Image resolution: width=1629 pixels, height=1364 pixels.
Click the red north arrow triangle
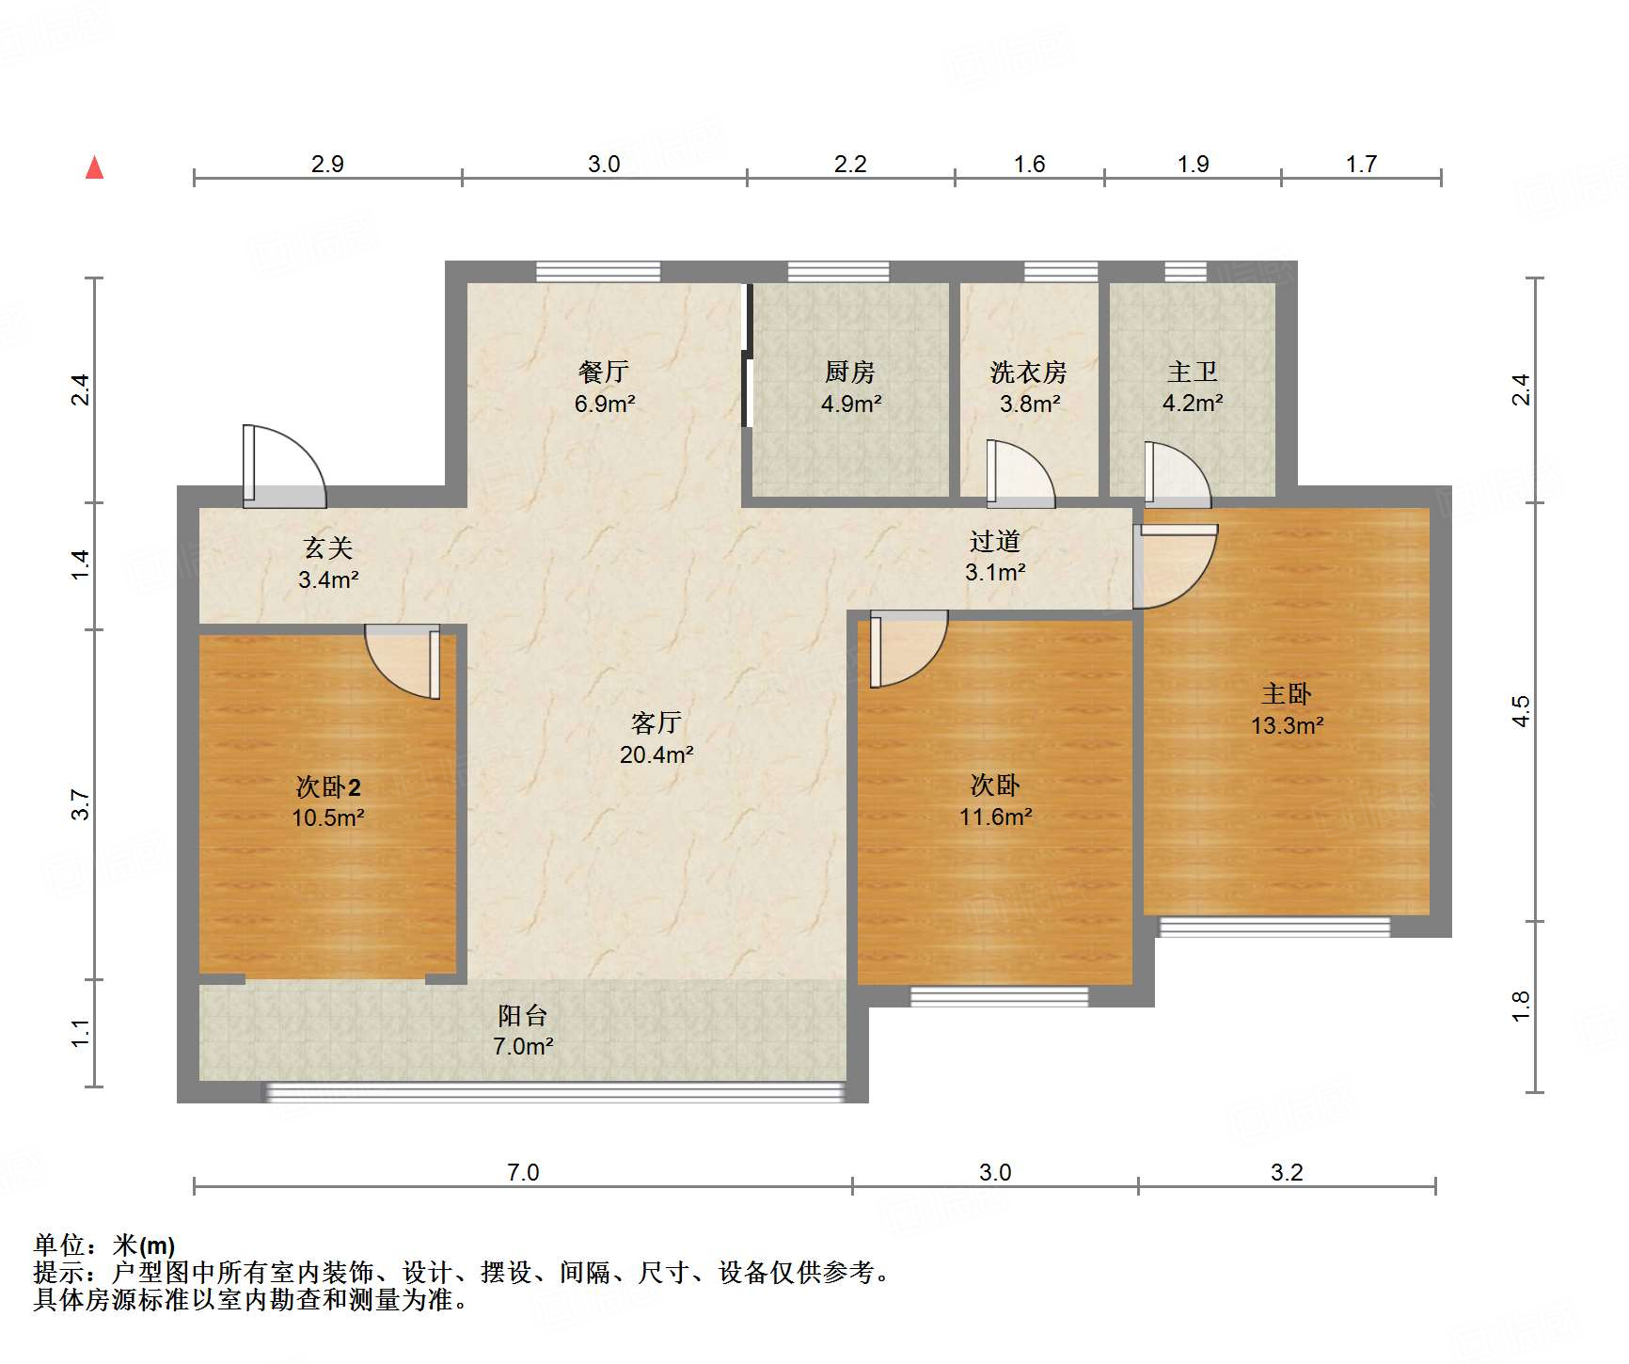(x=94, y=168)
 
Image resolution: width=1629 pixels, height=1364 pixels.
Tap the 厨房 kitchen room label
(x=850, y=373)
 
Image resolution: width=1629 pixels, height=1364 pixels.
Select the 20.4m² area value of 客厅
(x=656, y=754)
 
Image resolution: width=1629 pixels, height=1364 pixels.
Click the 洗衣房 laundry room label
(x=1028, y=373)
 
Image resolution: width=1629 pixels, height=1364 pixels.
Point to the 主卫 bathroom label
(x=1193, y=373)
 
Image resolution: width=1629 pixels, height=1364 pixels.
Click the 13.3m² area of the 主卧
(x=1287, y=726)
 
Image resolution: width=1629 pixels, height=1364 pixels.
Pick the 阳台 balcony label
(x=523, y=1015)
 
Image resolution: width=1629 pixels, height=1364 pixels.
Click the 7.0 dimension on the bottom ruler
(x=523, y=1172)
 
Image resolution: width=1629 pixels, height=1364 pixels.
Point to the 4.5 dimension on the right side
(x=1521, y=711)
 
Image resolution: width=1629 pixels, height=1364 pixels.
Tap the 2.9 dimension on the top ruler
(x=327, y=164)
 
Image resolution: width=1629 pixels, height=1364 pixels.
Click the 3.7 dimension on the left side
(x=81, y=804)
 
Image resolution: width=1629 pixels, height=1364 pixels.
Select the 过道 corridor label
(x=994, y=541)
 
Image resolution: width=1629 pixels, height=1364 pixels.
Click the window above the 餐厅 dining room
(x=598, y=272)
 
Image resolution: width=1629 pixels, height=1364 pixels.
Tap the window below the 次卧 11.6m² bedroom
(x=999, y=996)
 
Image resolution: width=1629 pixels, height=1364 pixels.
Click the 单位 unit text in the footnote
(x=59, y=1245)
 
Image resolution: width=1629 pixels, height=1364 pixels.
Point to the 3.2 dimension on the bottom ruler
(x=1287, y=1172)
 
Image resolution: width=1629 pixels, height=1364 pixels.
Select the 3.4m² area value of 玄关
(x=328, y=579)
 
